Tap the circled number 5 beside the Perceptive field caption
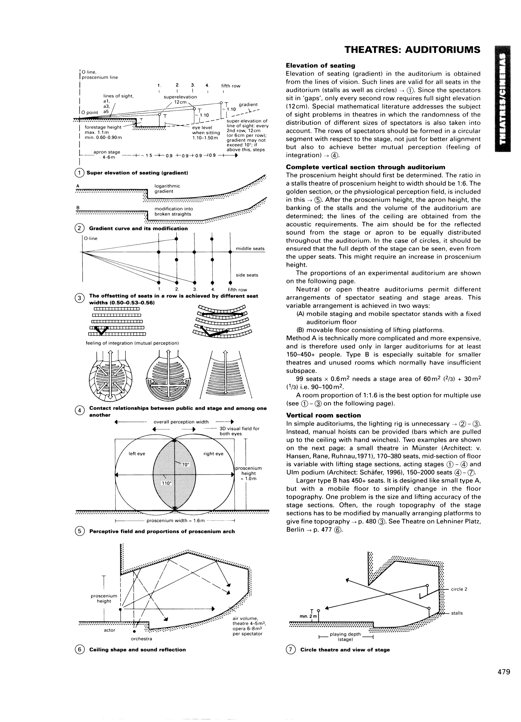(x=80, y=531)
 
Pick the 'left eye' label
(x=137, y=454)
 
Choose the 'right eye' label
(x=213, y=454)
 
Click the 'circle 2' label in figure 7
(x=459, y=589)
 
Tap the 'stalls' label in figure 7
(x=457, y=613)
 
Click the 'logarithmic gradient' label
(x=167, y=189)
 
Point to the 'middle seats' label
(x=250, y=249)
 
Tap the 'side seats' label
(x=247, y=275)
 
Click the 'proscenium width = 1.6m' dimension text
(x=175, y=520)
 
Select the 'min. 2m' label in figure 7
(x=308, y=617)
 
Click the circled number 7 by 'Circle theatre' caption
(x=291, y=650)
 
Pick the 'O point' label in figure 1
(x=90, y=112)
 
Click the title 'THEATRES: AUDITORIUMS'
(x=412, y=50)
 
